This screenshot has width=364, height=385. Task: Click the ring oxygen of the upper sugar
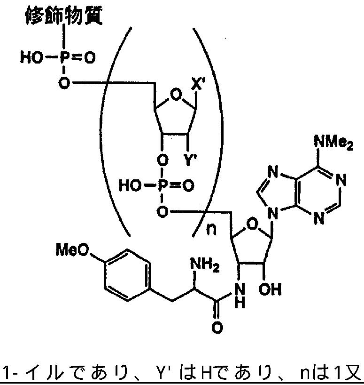175,96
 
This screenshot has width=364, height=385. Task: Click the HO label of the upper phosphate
30,58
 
